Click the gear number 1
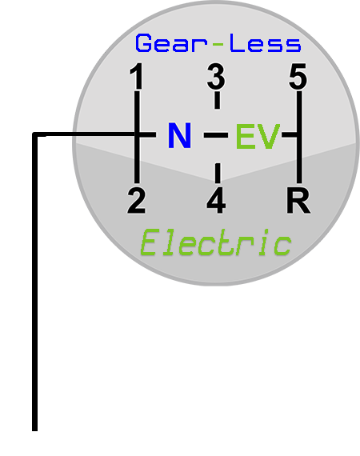tap(136, 76)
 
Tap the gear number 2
tap(136, 201)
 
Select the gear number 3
tap(216, 77)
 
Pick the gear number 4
tap(216, 201)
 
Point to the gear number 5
tap(298, 77)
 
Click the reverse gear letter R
tap(298, 201)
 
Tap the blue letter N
tap(180, 135)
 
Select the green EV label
tap(258, 136)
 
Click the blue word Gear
tap(171, 43)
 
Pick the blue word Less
tap(266, 43)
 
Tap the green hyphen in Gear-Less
tap(218, 45)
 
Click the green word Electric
tap(216, 242)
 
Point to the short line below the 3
tap(217, 100)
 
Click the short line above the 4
tap(218, 173)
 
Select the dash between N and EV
tap(216, 134)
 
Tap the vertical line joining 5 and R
tap(299, 138)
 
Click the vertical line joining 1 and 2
tap(137, 138)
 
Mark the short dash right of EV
tap(290, 134)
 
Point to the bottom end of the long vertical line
tap(34, 430)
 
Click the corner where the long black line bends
tap(34, 134)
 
